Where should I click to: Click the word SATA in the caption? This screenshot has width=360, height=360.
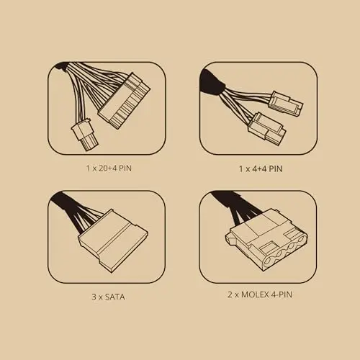coord(115,297)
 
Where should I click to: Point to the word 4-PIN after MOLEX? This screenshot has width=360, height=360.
coord(282,294)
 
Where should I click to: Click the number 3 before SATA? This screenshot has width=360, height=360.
coord(94,297)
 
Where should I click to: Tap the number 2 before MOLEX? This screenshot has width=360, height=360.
coord(230,294)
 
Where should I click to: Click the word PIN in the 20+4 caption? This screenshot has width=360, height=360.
coord(125,168)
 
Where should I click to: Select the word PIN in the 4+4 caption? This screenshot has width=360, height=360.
coord(276,168)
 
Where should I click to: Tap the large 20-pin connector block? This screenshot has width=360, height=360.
coord(125,101)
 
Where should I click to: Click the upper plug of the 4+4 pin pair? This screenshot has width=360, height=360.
coord(287,104)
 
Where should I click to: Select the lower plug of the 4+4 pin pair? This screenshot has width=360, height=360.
coord(267,129)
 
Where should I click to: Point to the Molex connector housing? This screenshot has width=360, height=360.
coord(266,240)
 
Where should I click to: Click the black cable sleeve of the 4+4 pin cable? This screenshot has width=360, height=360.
coord(211,82)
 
